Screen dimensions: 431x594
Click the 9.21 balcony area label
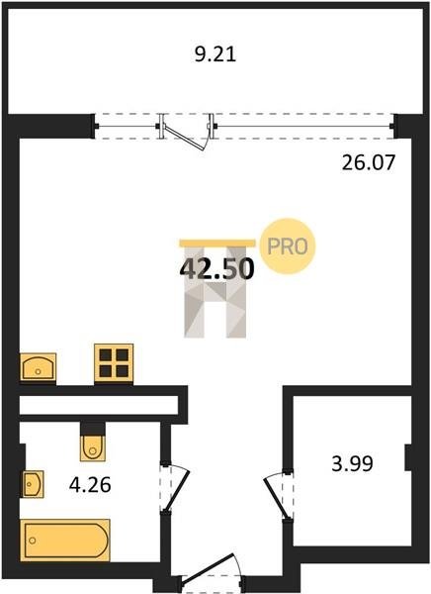[x=215, y=54]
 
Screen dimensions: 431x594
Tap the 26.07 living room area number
[x=368, y=163]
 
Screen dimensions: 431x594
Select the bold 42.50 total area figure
[x=216, y=268]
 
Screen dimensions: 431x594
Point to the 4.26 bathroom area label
[x=90, y=484]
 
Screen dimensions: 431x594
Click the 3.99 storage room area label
[x=352, y=463]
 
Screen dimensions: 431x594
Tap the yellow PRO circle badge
[x=288, y=247]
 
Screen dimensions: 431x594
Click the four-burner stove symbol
[x=114, y=363]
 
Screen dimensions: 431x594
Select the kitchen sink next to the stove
[x=38, y=366]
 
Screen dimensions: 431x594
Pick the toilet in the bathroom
[x=92, y=448]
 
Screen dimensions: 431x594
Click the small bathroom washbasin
[x=34, y=484]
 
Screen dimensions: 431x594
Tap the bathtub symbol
[x=65, y=540]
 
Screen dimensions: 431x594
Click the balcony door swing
[x=187, y=138]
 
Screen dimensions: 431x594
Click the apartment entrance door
[x=208, y=567]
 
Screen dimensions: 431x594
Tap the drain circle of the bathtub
[x=33, y=541]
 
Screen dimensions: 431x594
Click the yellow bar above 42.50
[x=217, y=244]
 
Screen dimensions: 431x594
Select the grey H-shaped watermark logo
[x=215, y=292]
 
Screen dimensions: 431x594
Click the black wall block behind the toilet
[x=92, y=429]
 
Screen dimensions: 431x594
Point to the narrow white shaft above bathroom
[x=99, y=405]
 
